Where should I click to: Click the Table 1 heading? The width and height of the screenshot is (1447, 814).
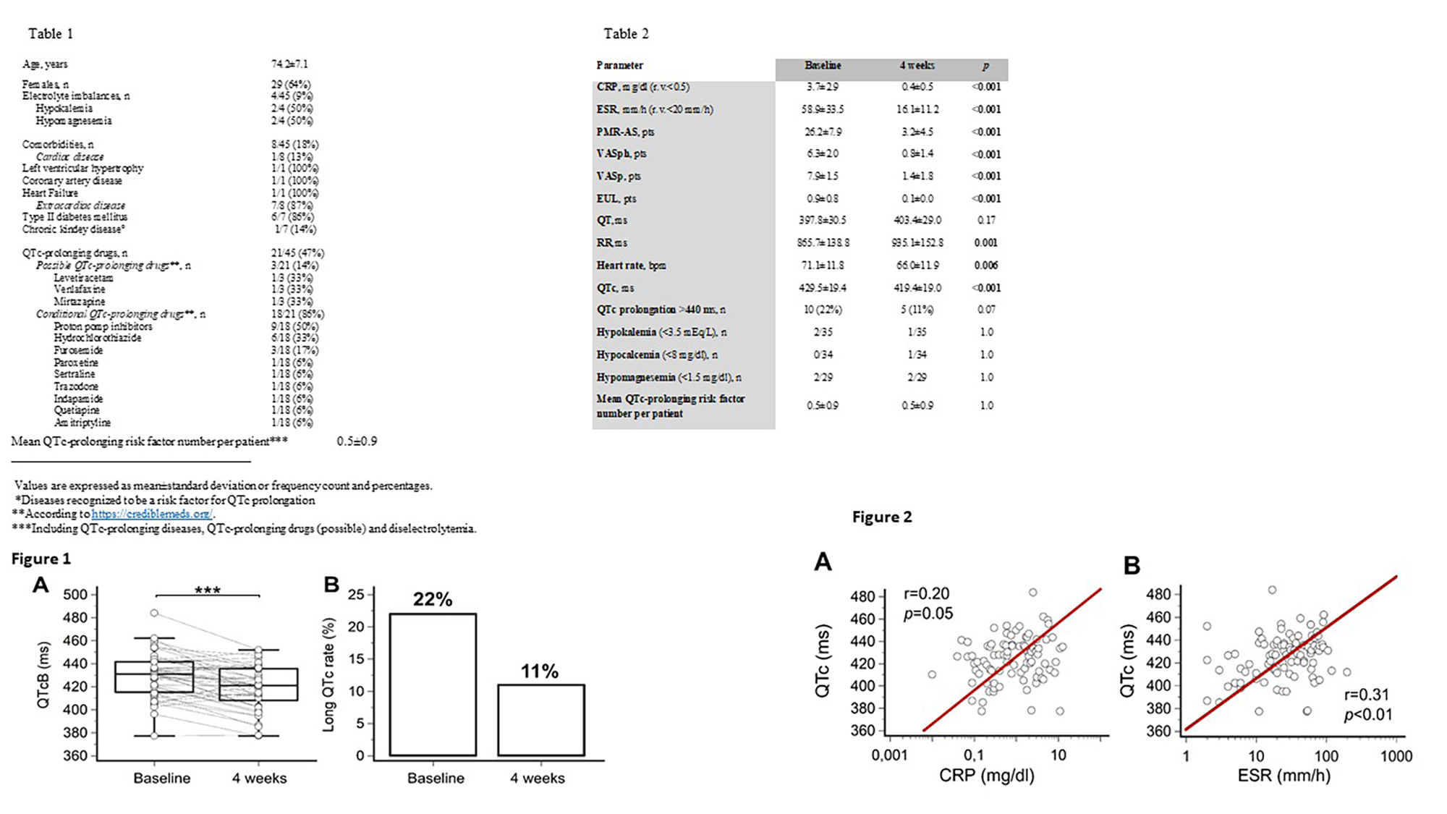[51, 34]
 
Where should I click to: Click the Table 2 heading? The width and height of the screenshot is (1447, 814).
[626, 34]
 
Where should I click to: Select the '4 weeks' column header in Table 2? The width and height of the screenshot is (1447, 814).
[917, 66]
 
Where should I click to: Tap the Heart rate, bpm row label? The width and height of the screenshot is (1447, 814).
[631, 266]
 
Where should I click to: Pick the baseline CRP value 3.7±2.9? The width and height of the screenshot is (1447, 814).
[823, 87]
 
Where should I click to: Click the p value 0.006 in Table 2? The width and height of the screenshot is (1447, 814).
[985, 266]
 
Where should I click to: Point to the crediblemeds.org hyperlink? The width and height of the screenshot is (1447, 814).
[152, 514]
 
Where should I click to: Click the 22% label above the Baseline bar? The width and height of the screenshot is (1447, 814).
[433, 599]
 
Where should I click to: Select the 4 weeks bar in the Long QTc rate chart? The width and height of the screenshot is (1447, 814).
[540, 720]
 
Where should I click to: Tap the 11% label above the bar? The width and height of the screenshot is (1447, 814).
[540, 671]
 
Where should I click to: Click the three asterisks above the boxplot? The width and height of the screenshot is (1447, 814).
[208, 590]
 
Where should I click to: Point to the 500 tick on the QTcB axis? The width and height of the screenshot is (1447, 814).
[75, 595]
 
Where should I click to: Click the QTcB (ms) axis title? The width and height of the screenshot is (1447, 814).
[43, 675]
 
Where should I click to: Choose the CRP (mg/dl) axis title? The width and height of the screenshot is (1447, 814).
[986, 776]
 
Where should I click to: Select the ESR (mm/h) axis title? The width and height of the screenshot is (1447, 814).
[1283, 776]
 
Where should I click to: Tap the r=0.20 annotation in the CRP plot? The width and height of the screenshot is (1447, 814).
[926, 594]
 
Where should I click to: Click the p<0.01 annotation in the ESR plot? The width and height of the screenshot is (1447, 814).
[1367, 715]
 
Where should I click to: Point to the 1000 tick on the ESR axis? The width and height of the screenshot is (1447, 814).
[1396, 756]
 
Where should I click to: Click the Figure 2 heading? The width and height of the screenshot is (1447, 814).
[881, 517]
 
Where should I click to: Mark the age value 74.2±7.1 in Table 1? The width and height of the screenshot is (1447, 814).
[289, 64]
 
